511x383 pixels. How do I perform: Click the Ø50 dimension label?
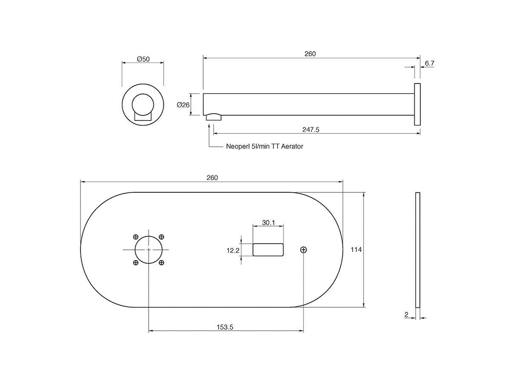(x=143, y=59)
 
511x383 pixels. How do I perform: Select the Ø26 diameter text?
(x=183, y=105)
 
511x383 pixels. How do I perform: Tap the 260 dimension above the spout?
(x=310, y=54)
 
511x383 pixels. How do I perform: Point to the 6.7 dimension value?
(x=429, y=63)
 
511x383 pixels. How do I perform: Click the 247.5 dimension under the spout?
(x=311, y=129)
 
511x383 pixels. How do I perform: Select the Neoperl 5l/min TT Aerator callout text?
(x=264, y=146)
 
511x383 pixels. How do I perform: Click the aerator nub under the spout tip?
(x=214, y=117)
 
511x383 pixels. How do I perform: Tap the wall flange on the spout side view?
(x=417, y=104)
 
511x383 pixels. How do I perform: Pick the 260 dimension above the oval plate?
(x=212, y=177)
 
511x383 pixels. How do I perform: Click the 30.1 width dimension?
(x=268, y=223)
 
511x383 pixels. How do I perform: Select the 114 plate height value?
(x=356, y=250)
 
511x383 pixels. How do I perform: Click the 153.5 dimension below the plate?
(x=226, y=327)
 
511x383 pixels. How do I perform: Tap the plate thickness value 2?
(x=406, y=314)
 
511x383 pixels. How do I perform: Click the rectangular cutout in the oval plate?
(x=268, y=250)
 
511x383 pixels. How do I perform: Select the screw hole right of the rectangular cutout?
(x=304, y=250)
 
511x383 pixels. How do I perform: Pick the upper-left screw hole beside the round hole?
(x=136, y=237)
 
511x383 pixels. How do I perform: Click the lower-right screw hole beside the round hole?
(x=161, y=263)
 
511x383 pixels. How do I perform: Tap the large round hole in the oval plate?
(x=149, y=250)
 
